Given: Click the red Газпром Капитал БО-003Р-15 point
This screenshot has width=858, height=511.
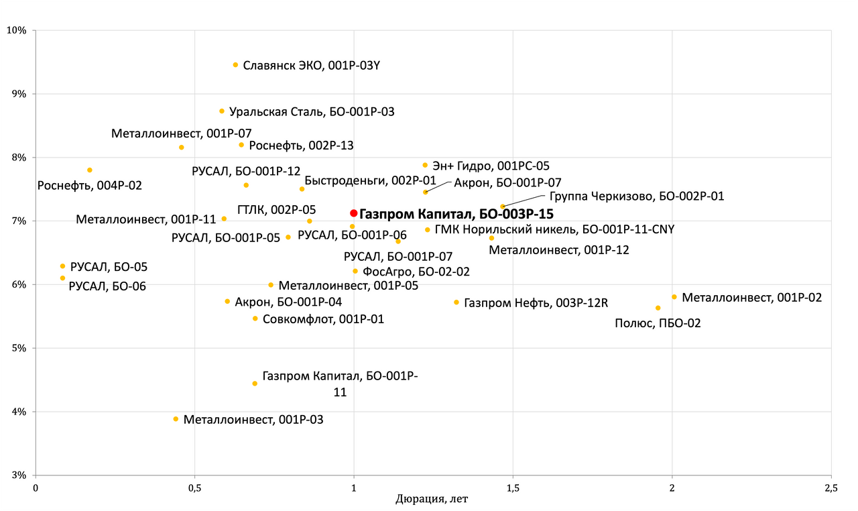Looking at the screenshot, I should [354, 213].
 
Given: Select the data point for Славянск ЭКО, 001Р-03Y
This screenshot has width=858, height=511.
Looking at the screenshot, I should [235, 65].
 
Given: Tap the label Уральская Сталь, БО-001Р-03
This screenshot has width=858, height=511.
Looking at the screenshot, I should [312, 112].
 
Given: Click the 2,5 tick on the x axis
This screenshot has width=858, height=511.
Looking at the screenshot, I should [831, 488].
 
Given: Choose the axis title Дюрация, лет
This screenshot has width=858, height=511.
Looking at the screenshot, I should [432, 500].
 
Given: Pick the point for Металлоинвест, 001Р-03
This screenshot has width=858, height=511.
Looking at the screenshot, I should [176, 419].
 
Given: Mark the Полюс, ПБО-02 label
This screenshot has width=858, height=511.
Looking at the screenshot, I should [658, 323].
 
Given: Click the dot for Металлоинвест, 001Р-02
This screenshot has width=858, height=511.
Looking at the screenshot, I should [674, 297].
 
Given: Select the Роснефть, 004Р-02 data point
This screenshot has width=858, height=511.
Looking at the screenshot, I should [90, 170].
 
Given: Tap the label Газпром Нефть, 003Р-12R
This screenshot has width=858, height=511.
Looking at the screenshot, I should [536, 303].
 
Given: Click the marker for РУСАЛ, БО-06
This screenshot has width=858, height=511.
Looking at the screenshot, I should [63, 278].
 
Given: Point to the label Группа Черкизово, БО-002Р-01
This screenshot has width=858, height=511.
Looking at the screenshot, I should [636, 196].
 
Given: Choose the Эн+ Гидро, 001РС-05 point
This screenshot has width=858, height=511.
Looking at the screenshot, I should [425, 165].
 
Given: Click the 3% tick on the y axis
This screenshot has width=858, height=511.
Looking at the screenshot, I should [18, 475].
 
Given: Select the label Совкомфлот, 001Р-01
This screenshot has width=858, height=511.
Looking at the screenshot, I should [323, 319].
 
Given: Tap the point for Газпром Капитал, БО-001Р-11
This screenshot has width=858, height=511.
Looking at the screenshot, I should [255, 384].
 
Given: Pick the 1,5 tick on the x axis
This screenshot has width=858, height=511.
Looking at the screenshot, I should [513, 488].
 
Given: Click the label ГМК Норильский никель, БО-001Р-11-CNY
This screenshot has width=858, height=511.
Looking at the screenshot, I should [554, 229].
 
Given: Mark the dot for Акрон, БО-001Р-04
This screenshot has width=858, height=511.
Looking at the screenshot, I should [227, 302].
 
